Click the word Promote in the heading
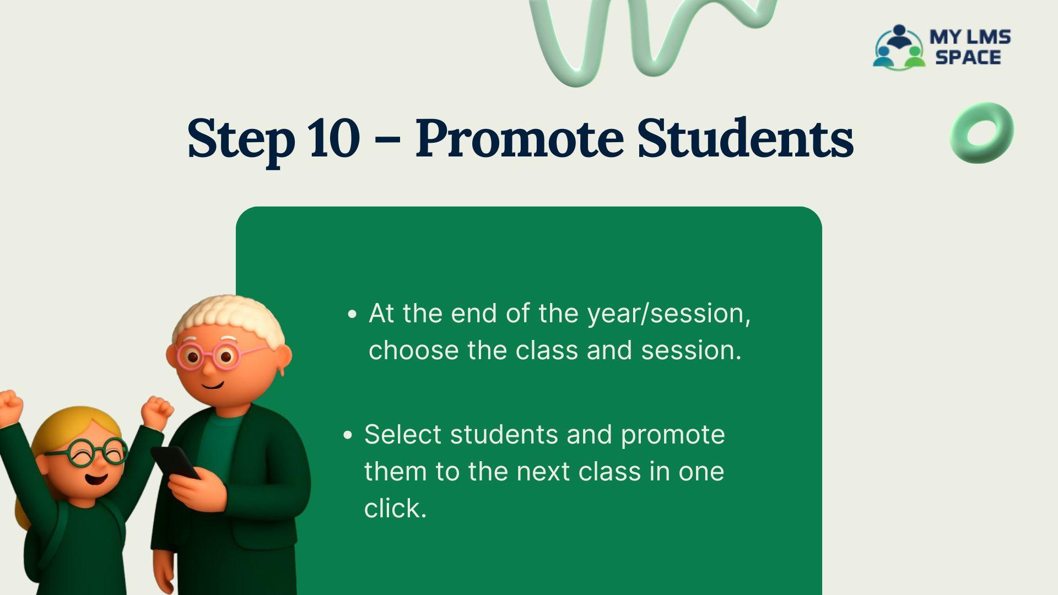pos(519,138)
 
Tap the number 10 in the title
pos(334,138)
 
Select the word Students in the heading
pos(746,137)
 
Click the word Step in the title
pos(241,141)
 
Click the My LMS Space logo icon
pos(898,47)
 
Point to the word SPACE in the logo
pos(968,57)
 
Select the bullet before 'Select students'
pos(347,436)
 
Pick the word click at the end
pos(395,508)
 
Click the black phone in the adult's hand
pos(175,463)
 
